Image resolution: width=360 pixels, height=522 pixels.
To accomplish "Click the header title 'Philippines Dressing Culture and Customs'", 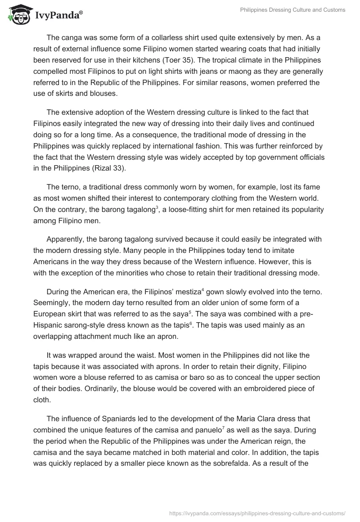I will [293, 10].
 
